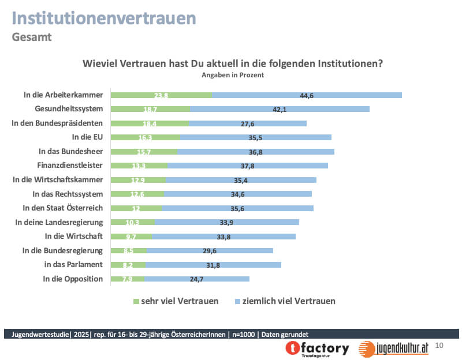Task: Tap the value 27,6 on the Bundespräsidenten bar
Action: [x=247, y=123]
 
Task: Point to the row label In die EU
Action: [x=87, y=137]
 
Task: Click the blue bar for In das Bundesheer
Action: [x=256, y=151]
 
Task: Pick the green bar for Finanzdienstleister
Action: [x=139, y=166]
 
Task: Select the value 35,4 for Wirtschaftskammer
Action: [x=241, y=179]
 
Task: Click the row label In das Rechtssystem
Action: [x=68, y=193]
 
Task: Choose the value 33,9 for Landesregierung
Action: [x=226, y=222]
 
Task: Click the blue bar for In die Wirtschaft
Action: [x=223, y=236]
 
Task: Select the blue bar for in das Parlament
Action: [x=213, y=264]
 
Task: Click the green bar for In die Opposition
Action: [x=128, y=279]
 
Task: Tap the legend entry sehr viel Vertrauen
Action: [x=176, y=301]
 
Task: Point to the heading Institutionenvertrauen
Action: [x=104, y=18]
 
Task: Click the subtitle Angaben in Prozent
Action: [x=233, y=74]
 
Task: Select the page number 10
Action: [x=439, y=346]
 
